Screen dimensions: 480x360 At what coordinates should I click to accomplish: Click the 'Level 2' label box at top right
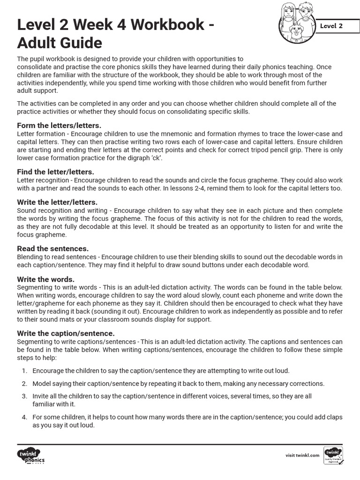(331, 26)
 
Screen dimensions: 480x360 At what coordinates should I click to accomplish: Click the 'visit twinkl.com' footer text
(302, 455)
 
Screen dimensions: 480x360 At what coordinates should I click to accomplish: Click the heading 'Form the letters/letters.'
(59, 126)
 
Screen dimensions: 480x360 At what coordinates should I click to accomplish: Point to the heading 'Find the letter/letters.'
(55, 172)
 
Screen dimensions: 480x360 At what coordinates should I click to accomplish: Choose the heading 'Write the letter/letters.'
(57, 202)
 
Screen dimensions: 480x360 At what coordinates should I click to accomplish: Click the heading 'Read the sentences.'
(52, 248)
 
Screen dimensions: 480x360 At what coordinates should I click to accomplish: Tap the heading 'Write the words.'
(45, 279)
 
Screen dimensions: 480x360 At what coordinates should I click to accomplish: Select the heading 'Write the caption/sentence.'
(66, 333)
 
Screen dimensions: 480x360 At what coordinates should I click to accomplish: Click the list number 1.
(24, 371)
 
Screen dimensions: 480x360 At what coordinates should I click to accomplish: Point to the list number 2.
(24, 383)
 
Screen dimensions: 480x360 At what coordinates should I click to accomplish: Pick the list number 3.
(24, 396)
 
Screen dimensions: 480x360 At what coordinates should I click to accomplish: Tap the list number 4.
(24, 417)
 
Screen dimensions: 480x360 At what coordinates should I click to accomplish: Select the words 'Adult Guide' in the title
(60, 43)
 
